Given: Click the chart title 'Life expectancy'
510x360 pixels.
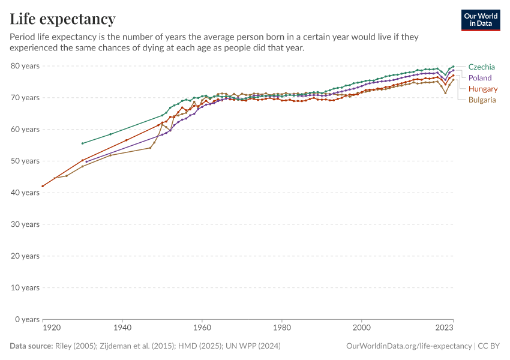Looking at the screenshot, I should [x=62, y=19].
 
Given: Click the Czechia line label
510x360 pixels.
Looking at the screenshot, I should [x=481, y=67].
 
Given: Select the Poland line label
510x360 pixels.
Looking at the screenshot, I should [x=479, y=78].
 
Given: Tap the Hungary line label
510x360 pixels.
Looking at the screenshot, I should [x=482, y=89].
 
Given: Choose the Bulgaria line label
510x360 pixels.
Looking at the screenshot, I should [x=482, y=100].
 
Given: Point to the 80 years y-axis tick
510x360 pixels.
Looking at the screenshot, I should [x=25, y=66].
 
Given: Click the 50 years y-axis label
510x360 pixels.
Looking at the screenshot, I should [x=25, y=161].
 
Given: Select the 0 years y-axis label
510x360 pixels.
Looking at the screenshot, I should [x=27, y=319].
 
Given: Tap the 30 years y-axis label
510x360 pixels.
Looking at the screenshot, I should [x=25, y=224].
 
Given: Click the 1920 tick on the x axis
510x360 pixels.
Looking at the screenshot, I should [x=52, y=328].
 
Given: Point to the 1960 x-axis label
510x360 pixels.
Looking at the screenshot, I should [x=202, y=328].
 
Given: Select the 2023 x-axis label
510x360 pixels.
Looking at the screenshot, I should [x=445, y=328].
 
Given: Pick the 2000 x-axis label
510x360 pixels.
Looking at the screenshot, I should [x=361, y=328].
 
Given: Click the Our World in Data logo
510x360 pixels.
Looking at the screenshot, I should [x=480, y=20].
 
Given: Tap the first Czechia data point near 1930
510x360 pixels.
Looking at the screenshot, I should [x=82, y=143].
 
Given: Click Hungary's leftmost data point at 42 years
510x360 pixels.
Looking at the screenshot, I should [x=43, y=186].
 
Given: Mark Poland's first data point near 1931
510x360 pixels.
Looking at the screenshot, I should [x=86, y=162].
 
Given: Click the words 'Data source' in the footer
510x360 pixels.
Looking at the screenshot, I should [x=31, y=346].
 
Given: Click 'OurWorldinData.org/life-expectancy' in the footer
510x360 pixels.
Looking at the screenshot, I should [x=409, y=346].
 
